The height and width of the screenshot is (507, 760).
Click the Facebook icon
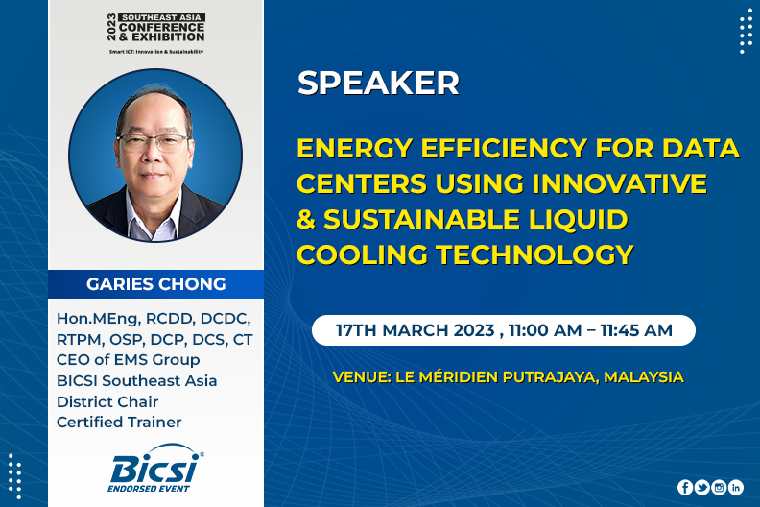coord(685,487)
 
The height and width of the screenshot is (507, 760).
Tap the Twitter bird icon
coord(701,487)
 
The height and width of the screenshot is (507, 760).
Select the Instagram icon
coord(719,487)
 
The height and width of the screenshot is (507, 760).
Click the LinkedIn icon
coord(736,487)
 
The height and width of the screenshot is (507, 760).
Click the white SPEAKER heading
coord(378,83)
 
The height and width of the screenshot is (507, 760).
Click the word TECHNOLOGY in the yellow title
coord(534,254)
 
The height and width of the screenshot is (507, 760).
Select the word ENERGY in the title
coord(355,148)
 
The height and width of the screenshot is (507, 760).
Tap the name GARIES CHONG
coord(156,284)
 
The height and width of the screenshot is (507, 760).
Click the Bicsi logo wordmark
coord(154,468)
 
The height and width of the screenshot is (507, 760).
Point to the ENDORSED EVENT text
coord(149,489)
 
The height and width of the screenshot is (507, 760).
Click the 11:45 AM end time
coord(636,330)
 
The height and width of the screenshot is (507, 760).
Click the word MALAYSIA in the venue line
coord(644,377)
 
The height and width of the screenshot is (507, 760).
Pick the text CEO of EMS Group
coord(128,360)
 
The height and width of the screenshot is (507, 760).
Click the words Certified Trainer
coord(119,422)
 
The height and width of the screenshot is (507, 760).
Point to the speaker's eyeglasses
coord(154,142)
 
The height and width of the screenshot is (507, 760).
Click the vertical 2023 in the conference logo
coord(111,27)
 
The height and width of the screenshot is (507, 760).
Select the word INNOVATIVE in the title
coord(619,183)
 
